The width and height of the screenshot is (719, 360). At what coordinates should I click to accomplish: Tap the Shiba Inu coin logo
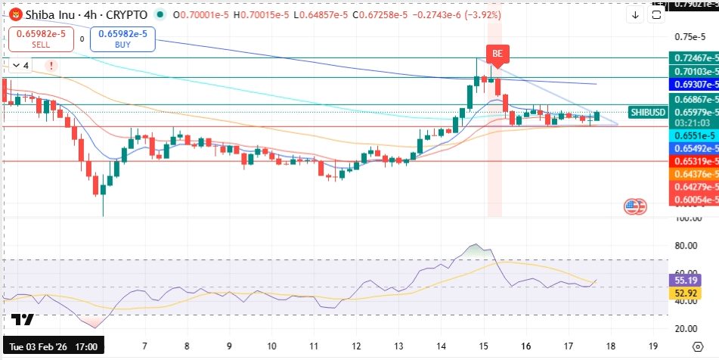13,14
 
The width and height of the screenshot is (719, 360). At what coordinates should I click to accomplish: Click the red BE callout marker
497,54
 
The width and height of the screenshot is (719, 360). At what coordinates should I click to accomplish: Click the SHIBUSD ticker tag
647,112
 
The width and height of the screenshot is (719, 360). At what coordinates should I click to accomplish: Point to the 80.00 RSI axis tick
685,246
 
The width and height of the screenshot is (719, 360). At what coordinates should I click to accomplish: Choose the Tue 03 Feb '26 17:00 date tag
52,345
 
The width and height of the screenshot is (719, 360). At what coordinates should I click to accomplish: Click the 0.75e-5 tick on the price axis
688,36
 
